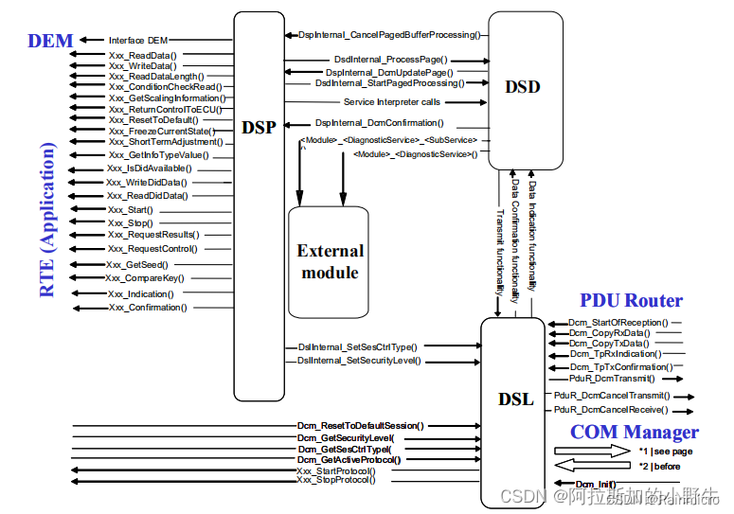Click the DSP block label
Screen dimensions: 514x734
tap(259, 127)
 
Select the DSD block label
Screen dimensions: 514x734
tap(522, 87)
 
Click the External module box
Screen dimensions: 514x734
tap(329, 262)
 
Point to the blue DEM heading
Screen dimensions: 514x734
tap(51, 41)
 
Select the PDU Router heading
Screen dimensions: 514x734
tap(631, 301)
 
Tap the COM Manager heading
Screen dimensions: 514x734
tap(634, 433)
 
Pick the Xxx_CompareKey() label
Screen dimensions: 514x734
tap(145, 278)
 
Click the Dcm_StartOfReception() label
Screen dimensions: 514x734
tap(618, 322)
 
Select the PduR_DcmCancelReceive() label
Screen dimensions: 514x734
tap(612, 410)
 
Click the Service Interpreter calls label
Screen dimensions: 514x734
tap(391, 102)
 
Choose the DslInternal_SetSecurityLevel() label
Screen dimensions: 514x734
tap(359, 361)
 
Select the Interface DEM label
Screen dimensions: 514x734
tap(139, 40)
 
